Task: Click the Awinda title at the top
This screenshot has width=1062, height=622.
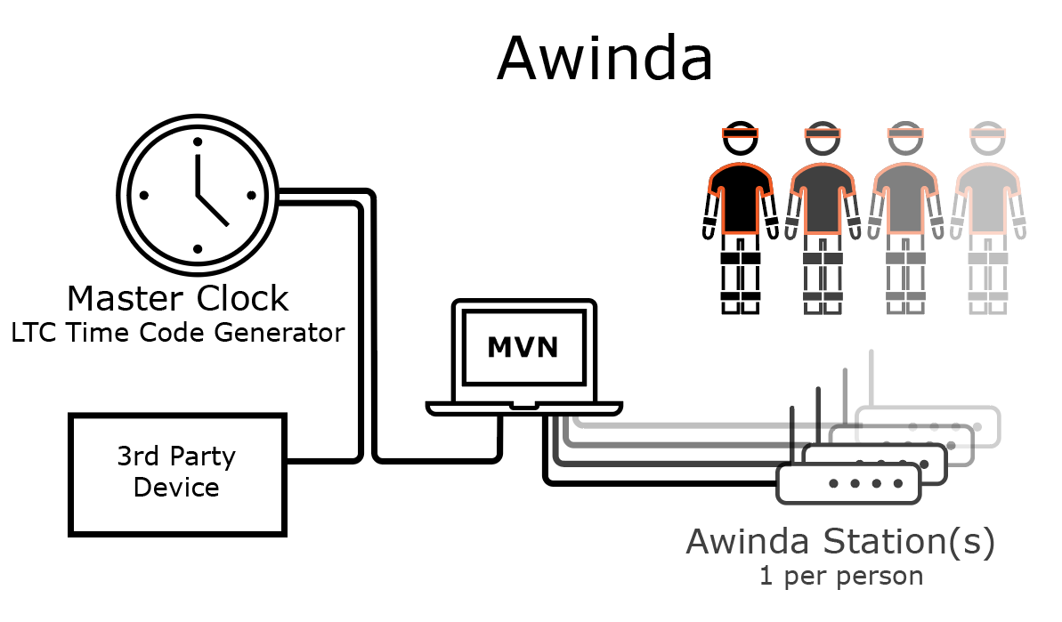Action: point(604,59)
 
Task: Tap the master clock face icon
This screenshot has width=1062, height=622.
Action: point(198,195)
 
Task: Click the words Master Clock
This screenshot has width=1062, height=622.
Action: point(178,298)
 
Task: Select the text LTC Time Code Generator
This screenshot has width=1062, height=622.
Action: point(177,333)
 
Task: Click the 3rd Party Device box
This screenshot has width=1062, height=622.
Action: point(177,473)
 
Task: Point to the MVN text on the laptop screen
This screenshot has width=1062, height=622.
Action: point(523,347)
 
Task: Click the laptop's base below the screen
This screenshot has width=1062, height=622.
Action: point(523,408)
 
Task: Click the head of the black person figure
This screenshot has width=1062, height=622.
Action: point(740,135)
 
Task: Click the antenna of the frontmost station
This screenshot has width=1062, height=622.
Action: point(790,436)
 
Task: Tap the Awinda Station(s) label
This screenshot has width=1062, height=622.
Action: point(839,542)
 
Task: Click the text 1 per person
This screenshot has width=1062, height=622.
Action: point(840,576)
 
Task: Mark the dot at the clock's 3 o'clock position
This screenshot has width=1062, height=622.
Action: point(251,195)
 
